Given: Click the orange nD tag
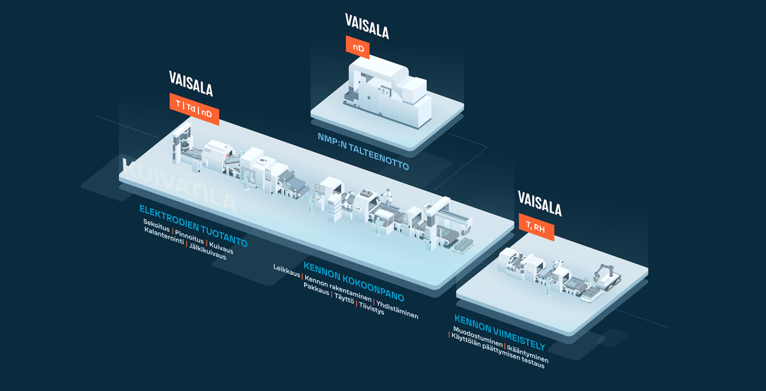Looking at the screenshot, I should (358, 48).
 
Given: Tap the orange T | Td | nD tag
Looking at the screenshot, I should (194, 109).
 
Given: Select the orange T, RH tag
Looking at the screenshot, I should (536, 227).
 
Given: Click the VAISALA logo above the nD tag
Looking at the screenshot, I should (367, 26).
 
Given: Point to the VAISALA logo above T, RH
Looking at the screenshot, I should (540, 203).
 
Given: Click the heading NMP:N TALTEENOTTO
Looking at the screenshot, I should (363, 151).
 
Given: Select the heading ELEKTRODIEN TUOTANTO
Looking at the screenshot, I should (193, 226).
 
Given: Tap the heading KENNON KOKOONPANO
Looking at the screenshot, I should (354, 281).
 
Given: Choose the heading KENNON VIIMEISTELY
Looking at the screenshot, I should (499, 332).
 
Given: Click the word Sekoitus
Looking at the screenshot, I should (156, 226).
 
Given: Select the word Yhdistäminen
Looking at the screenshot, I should (397, 310).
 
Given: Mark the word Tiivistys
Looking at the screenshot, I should (371, 307).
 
